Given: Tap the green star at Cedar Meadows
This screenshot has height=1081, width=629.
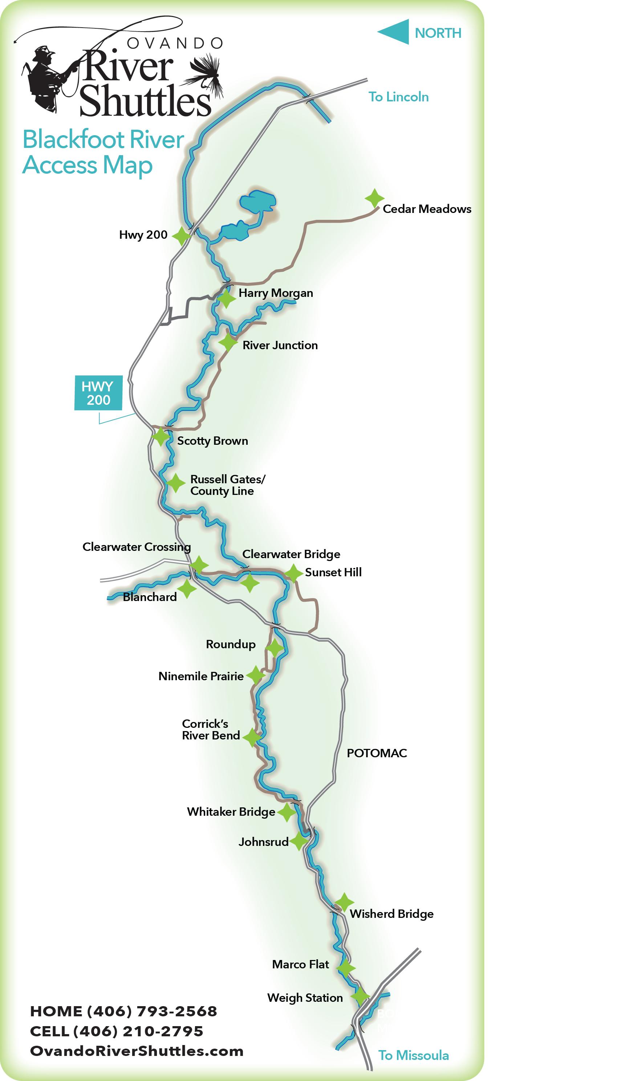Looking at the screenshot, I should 374,198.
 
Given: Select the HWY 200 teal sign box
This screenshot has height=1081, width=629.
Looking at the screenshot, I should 98,393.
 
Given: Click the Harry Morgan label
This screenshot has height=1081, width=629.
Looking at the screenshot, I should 276,293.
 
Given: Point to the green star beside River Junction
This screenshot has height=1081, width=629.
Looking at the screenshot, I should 228,342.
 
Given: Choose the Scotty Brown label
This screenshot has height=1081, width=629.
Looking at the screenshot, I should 212,441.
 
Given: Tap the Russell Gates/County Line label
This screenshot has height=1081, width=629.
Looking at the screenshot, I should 227,485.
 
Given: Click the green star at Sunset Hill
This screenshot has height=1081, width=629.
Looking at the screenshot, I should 294,573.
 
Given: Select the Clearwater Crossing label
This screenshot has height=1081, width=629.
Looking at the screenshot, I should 136,547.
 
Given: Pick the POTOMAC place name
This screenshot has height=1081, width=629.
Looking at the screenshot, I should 377,753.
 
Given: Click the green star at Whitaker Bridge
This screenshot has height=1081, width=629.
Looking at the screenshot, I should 287,812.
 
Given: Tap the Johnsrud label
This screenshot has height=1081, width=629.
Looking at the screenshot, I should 263,842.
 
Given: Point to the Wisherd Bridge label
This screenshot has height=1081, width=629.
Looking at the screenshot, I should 391,914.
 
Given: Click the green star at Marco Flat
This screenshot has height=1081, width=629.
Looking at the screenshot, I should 346,968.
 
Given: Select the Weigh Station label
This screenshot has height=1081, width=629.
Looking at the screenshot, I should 305,998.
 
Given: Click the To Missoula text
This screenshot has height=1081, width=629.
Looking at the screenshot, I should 413,1055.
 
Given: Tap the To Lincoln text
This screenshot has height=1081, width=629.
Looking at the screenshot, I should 398,97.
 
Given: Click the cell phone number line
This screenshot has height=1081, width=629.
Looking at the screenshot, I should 117,1031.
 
